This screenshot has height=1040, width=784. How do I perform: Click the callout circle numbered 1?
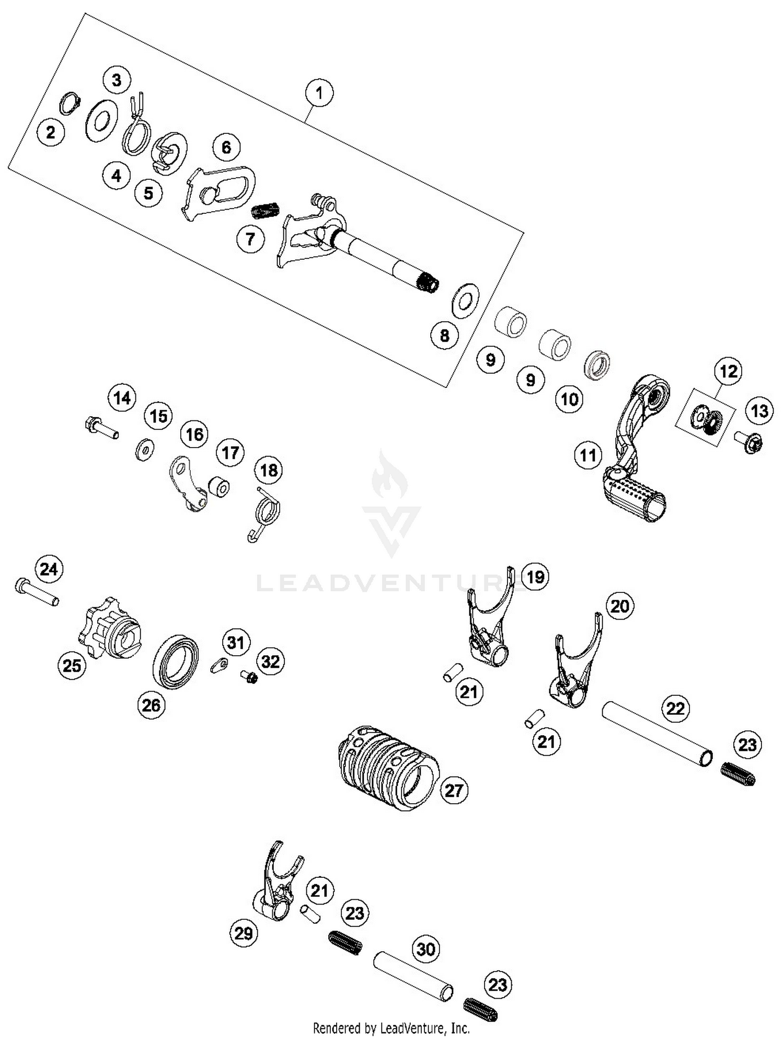click(x=319, y=93)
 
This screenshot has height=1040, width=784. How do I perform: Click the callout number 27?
click(x=453, y=790)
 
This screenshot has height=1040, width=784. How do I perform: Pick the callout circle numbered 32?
click(x=270, y=662)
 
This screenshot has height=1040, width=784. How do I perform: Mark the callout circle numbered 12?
click(x=729, y=371)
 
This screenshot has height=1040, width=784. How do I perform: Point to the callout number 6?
click(x=226, y=147)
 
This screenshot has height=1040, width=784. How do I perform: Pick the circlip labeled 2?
click(x=70, y=103)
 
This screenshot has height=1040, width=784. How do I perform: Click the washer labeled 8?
click(x=465, y=300)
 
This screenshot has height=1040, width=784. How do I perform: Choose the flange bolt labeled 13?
click(x=748, y=442)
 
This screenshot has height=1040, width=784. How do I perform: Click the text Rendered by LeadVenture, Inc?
click(x=391, y=1028)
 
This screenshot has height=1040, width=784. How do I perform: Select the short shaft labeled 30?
click(x=413, y=976)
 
